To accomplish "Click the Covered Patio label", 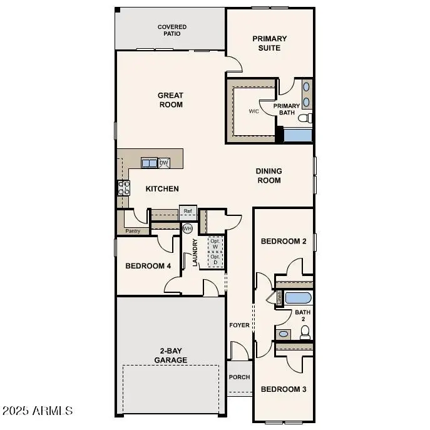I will click(171, 30).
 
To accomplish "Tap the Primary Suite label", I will click(270, 43).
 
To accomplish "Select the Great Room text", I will click(170, 100).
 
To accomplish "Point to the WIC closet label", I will click(253, 111).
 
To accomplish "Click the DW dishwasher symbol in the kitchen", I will click(164, 163).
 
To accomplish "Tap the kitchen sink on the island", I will click(150, 163).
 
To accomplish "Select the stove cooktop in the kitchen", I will click(123, 188).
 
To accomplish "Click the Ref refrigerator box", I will click(188, 211).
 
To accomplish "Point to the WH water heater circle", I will click(187, 229).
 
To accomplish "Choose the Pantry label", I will click(133, 232).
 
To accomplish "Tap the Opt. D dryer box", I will click(215, 259).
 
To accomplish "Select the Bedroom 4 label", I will click(148, 266).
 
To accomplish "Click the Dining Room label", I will click(269, 176).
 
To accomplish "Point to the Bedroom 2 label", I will click(283, 241).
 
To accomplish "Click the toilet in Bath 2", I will click(305, 332).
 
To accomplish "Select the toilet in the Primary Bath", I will click(304, 118).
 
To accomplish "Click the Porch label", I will click(239, 377).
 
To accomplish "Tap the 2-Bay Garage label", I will click(170, 356).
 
